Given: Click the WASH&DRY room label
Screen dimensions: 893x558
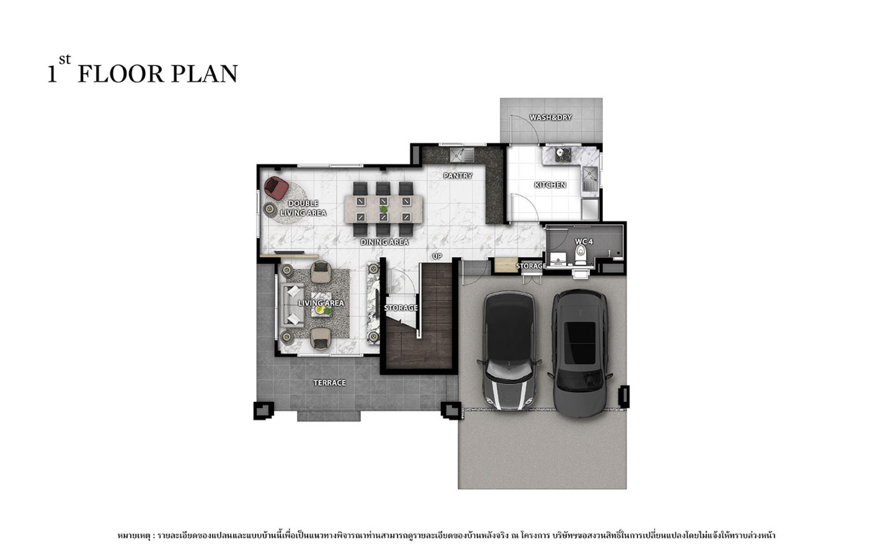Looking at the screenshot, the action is pyautogui.click(x=550, y=117).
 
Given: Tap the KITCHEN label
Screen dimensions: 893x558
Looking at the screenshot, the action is pyautogui.click(x=550, y=185).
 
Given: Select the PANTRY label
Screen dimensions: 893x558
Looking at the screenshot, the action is pyautogui.click(x=458, y=176).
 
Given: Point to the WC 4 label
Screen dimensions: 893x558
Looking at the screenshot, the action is pyautogui.click(x=584, y=242).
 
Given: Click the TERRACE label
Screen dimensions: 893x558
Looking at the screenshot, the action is pyautogui.click(x=330, y=383).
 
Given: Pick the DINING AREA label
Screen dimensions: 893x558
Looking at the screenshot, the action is pyautogui.click(x=385, y=242).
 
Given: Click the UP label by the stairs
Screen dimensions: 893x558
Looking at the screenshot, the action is pyautogui.click(x=438, y=256).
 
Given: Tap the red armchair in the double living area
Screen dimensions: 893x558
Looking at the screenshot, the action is pyautogui.click(x=276, y=188).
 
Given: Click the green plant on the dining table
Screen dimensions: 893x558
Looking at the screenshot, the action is pyautogui.click(x=383, y=209).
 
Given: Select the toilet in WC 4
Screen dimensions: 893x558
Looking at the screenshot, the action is pyautogui.click(x=580, y=255).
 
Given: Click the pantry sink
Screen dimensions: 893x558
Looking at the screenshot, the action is pyautogui.click(x=462, y=155).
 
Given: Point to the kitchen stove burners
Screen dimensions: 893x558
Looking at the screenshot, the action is pyautogui.click(x=563, y=155).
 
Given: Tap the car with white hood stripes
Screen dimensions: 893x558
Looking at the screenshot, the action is pyautogui.click(x=509, y=351).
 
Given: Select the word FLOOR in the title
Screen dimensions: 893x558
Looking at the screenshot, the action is pyautogui.click(x=121, y=74).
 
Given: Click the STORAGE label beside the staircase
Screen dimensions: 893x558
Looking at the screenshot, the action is pyautogui.click(x=401, y=307).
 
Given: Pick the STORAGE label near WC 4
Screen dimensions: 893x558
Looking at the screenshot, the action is pyautogui.click(x=531, y=266).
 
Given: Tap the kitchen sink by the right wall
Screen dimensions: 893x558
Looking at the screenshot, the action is pyautogui.click(x=590, y=179).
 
